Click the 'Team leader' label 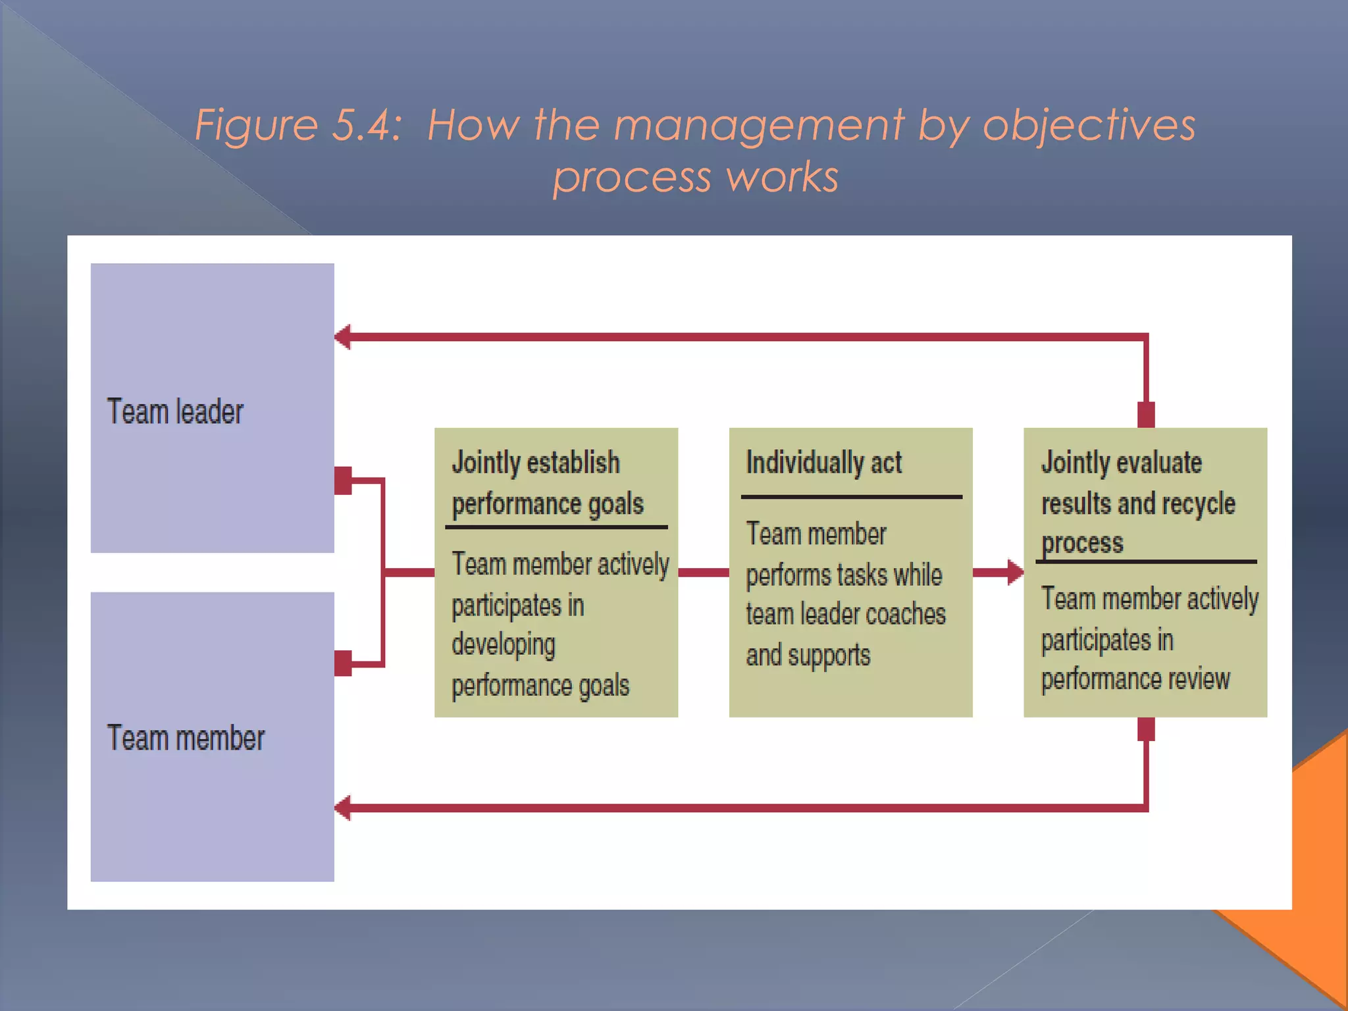[175, 412]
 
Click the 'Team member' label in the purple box [186, 738]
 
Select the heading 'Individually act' [823, 463]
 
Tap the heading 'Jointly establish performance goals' [546, 482]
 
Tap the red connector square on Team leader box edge [343, 480]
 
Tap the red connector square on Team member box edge [343, 663]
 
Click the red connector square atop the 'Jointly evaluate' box [1146, 415]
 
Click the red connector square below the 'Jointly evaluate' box [1146, 729]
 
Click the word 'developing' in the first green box [504, 645]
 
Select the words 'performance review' [1135, 679]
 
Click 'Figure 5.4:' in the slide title [298, 125]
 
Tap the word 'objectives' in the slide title [1089, 125]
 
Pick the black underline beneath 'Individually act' [851, 497]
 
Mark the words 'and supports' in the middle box [808, 656]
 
